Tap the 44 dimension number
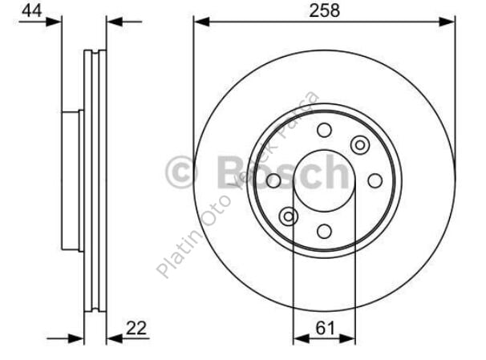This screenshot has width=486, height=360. pyautogui.click(x=31, y=10)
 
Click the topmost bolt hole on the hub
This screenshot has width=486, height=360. pyautogui.click(x=324, y=131)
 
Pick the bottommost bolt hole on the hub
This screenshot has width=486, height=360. pyautogui.click(x=324, y=232)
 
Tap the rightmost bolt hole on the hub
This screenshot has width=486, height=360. pyautogui.click(x=375, y=181)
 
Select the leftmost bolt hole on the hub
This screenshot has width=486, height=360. pyautogui.click(x=273, y=181)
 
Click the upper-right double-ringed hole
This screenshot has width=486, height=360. pyautogui.click(x=360, y=145)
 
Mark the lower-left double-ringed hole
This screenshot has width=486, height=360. pyautogui.click(x=288, y=216)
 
